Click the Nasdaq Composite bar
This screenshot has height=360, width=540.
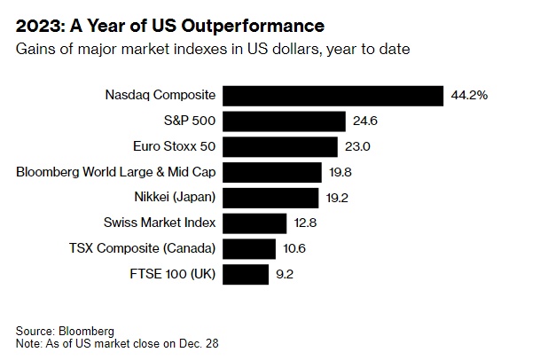pos(333,95)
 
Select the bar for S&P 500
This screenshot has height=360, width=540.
pos(284,121)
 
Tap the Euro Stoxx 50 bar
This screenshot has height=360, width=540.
pos(280,146)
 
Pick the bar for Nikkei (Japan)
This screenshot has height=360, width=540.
pos(270,197)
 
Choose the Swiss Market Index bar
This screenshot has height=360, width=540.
pos(254,223)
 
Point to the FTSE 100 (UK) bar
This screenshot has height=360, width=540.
pos(246,273)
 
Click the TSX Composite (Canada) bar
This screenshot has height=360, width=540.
pos(249,248)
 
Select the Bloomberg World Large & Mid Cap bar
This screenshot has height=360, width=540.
pos(272,172)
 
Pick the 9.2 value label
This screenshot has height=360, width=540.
pos(285,274)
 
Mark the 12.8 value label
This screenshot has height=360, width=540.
pos(305,223)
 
